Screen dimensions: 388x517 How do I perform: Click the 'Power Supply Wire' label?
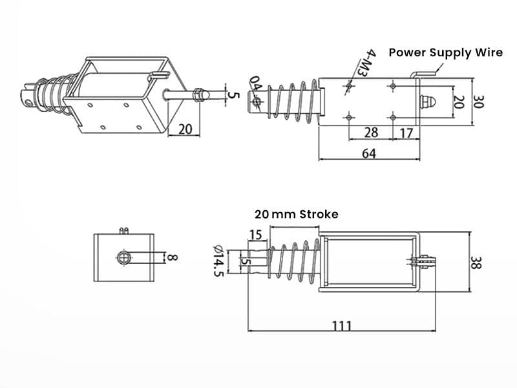pyautogui.click(x=445, y=52)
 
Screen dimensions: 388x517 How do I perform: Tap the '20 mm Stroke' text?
pyautogui.click(x=296, y=214)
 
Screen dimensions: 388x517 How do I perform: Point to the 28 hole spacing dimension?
pyautogui.click(x=370, y=133)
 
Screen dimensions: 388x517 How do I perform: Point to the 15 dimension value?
pyautogui.click(x=255, y=235)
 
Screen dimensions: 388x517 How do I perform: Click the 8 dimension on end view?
pyautogui.click(x=173, y=258)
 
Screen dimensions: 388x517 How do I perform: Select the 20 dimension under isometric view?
pyautogui.click(x=185, y=129)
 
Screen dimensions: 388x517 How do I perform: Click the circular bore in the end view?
pyautogui.click(x=124, y=259)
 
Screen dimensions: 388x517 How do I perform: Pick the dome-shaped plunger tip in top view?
pyautogui.click(x=427, y=102)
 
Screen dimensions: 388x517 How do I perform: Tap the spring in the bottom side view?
pyautogui.click(x=294, y=262)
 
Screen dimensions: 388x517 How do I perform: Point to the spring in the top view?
pyautogui.click(x=294, y=102)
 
